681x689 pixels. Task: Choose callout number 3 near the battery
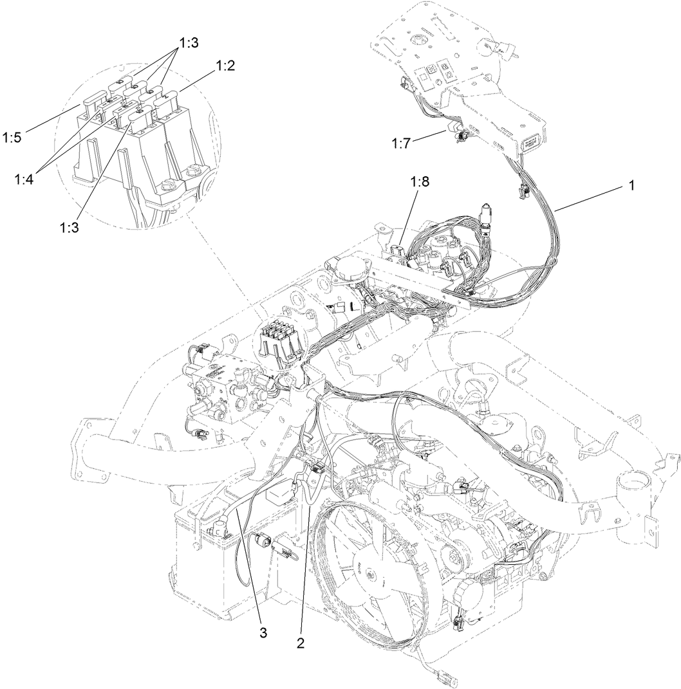(263, 632)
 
